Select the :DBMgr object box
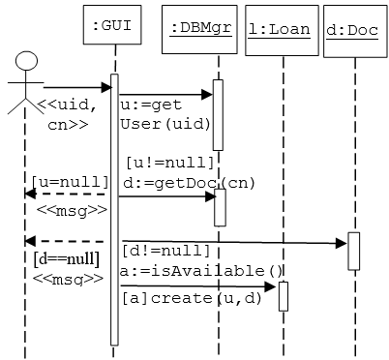199,28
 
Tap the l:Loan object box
279,28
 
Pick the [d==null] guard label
66,258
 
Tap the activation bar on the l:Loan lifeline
284,296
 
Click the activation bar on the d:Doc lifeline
353,251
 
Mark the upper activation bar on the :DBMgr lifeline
218,114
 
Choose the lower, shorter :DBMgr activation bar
220,207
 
